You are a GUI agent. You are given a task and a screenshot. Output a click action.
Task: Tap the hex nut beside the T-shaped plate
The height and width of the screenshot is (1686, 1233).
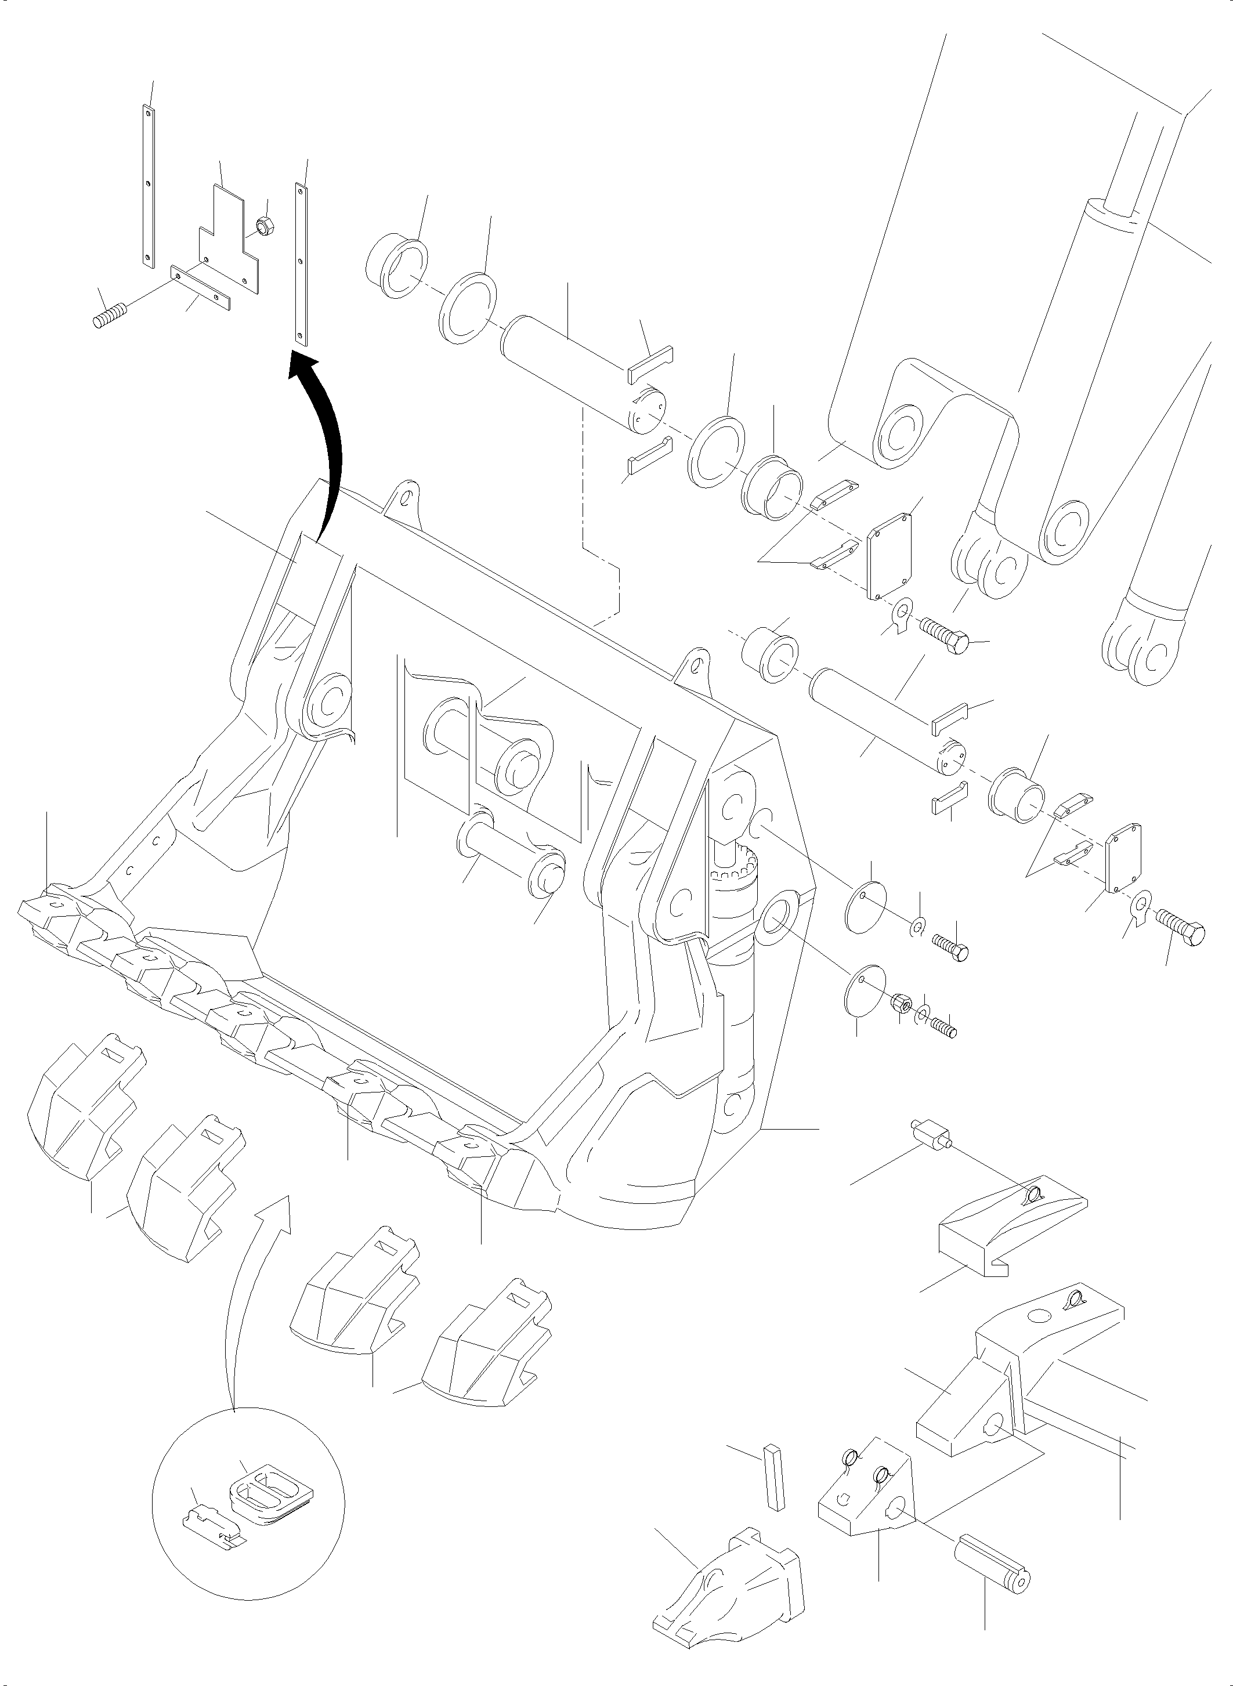click(x=263, y=223)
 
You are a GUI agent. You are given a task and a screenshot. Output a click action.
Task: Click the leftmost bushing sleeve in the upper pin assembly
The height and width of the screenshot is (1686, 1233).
click(x=397, y=265)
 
